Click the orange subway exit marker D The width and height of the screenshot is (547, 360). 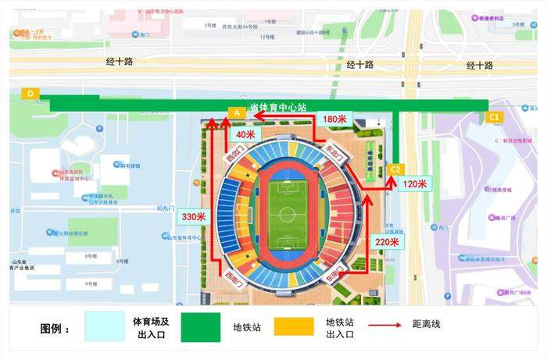tap(30, 94)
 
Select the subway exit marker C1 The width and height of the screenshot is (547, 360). tap(494, 117)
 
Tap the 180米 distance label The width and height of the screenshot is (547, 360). tap(335, 119)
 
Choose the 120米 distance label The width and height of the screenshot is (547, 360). tap(414, 184)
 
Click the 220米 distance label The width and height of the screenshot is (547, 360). tap(387, 242)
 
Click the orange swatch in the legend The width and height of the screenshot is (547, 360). tap(298, 328)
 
